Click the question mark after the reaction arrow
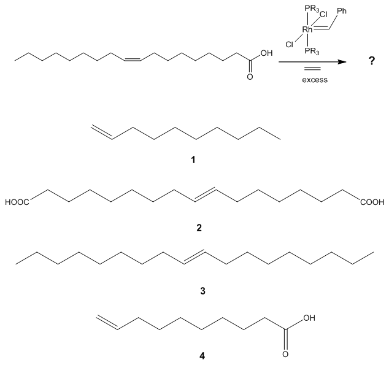(371, 63)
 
